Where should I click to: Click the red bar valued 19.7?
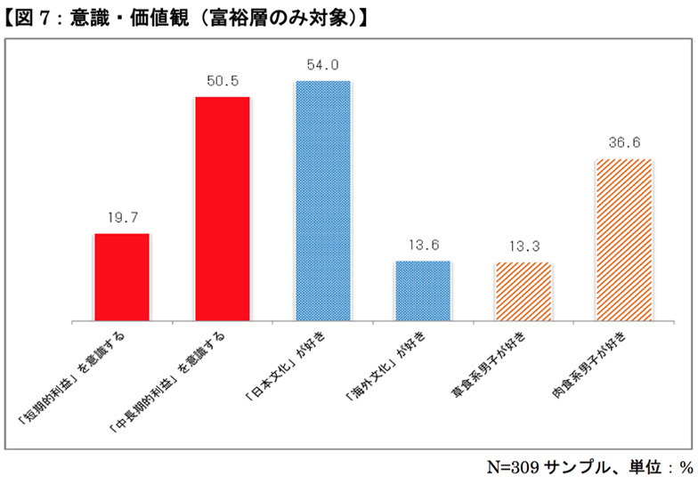point(122,277)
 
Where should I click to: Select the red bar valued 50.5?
point(222,208)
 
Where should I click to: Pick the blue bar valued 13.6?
point(423,290)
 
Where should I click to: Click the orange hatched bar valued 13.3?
point(523,291)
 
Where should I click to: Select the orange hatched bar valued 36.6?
point(624,239)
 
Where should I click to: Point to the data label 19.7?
point(122,216)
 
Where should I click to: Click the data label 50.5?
point(222,80)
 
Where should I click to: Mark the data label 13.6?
point(423,245)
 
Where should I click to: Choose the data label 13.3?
point(523,246)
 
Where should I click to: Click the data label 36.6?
point(624,142)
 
